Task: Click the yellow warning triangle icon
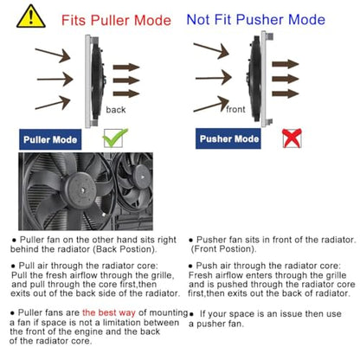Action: click(31, 17)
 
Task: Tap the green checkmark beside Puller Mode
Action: click(115, 138)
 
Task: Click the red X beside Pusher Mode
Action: click(292, 138)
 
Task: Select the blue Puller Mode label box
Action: click(50, 139)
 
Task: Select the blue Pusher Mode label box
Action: click(228, 138)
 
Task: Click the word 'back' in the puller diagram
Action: click(116, 110)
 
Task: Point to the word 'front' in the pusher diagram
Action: click(235, 109)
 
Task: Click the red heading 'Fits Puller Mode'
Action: click(116, 21)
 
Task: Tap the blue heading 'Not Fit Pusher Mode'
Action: click(256, 20)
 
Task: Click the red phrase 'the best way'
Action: click(109, 312)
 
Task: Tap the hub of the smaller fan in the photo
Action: click(142, 177)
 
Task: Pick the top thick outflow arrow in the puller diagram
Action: click(126, 67)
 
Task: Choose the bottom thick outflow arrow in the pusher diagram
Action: click(286, 93)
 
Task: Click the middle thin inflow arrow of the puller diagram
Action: click(55, 79)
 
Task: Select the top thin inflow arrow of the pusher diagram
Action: click(211, 50)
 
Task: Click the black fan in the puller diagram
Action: click(98, 80)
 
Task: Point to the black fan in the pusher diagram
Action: click(254, 79)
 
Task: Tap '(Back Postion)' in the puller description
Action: click(125, 249)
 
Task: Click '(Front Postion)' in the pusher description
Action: click(223, 249)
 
